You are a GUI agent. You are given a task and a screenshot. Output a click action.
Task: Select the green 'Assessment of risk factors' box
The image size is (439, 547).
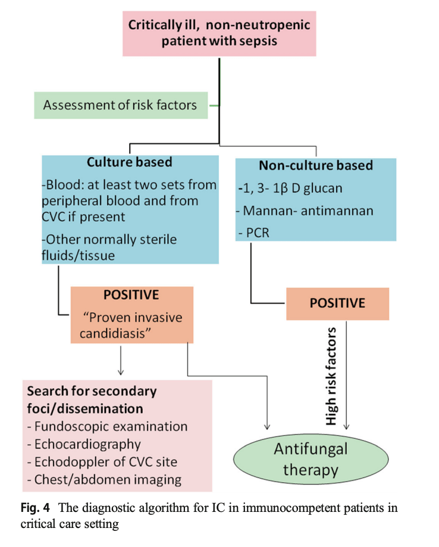(120, 105)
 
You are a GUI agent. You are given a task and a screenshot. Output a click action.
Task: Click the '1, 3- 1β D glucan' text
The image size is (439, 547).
(286, 188)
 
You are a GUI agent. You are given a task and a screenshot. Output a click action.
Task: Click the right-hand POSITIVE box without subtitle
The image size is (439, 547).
(337, 303)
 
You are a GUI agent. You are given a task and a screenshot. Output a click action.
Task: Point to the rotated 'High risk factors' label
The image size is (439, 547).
(332, 375)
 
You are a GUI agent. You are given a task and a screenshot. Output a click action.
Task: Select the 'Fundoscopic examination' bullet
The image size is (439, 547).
(107, 426)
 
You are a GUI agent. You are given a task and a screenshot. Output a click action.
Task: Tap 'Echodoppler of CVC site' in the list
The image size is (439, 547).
(102, 462)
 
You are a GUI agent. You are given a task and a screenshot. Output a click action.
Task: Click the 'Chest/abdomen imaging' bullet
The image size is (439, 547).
(104, 479)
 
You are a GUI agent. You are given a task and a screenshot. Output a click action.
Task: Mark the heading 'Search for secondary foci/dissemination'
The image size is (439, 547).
(92, 400)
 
